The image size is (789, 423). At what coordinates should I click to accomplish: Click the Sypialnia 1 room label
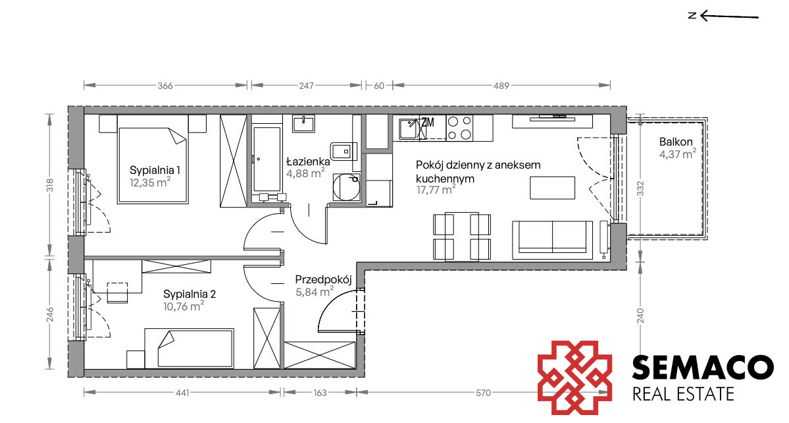pyautogui.click(x=155, y=170)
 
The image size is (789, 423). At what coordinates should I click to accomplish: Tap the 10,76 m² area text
pyautogui.click(x=183, y=306)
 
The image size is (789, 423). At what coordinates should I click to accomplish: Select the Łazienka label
pyautogui.click(x=308, y=161)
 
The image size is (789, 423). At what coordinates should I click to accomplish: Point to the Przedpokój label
pyautogui.click(x=323, y=279)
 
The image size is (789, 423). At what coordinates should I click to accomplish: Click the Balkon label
pyautogui.click(x=676, y=142)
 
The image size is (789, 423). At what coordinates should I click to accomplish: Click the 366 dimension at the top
pyautogui.click(x=165, y=86)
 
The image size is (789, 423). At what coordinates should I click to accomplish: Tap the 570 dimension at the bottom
pyautogui.click(x=483, y=393)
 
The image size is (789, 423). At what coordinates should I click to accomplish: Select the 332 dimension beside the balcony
pyautogui.click(x=640, y=188)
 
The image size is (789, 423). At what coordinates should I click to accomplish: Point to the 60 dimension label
pyautogui.click(x=379, y=86)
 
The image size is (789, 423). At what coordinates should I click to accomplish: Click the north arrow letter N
pyautogui.click(x=692, y=16)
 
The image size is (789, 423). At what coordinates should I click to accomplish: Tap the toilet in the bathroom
pyautogui.click(x=344, y=150)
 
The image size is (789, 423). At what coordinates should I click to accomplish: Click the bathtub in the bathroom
pyautogui.click(x=266, y=159)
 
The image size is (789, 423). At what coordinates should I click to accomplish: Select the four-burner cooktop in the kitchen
pyautogui.click(x=459, y=127)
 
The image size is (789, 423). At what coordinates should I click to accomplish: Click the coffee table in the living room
pyautogui.click(x=552, y=188)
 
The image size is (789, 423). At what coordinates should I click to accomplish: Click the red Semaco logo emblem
pyautogui.click(x=574, y=378)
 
